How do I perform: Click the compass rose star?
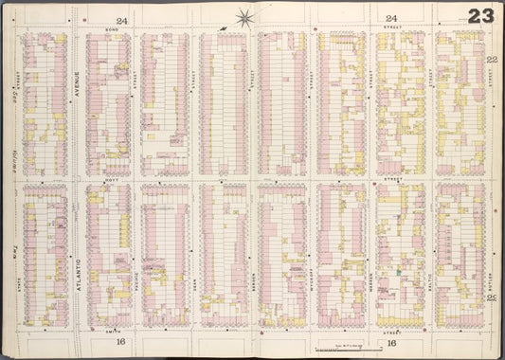click(245, 16)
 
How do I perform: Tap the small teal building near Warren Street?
click(399, 272)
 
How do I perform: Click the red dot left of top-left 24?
click(84, 19)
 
